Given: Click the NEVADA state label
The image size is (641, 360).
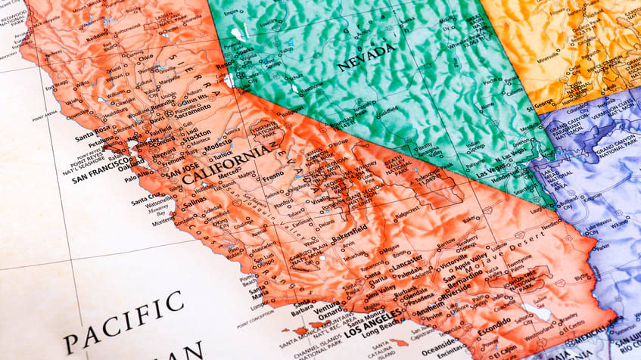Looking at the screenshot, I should (x=366, y=57).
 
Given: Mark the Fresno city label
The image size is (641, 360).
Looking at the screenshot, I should (x=272, y=176).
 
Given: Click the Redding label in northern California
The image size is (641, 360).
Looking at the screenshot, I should (x=97, y=36).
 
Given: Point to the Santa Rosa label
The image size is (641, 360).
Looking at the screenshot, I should (x=93, y=138).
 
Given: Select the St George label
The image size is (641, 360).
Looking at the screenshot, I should (x=540, y=106).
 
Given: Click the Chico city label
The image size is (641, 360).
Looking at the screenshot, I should (x=146, y=57).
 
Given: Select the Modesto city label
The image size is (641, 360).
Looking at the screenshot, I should (x=218, y=142).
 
